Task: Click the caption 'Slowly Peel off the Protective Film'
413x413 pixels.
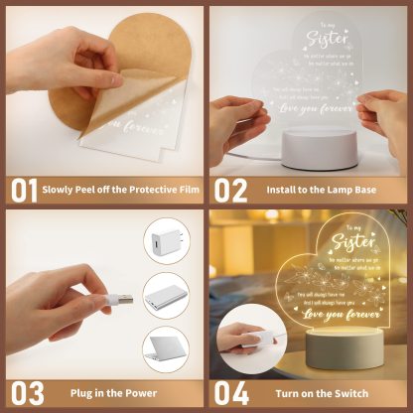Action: click(x=121, y=189)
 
